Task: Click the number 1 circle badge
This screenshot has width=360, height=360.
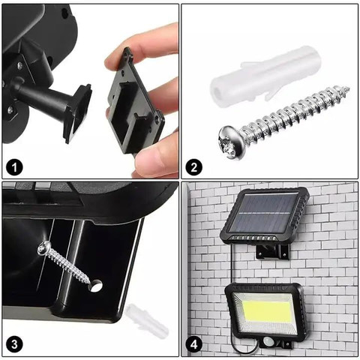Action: [x=15, y=167]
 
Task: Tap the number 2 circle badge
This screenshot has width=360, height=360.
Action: [x=194, y=167]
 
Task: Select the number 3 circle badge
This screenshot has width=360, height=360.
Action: [x=15, y=344]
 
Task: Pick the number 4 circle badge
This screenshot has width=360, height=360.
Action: [x=194, y=345]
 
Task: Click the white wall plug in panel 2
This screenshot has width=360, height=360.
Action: [x=266, y=76]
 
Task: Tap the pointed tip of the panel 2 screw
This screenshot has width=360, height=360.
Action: [x=348, y=88]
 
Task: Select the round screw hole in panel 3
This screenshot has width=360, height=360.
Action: [x=96, y=286]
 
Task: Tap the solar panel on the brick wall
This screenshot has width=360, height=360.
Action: [x=265, y=215]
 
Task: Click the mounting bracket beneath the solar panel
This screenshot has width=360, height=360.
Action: [x=273, y=251]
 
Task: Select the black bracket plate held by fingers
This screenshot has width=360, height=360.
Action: [x=134, y=102]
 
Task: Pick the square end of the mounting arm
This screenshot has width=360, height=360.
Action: [x=78, y=113]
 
